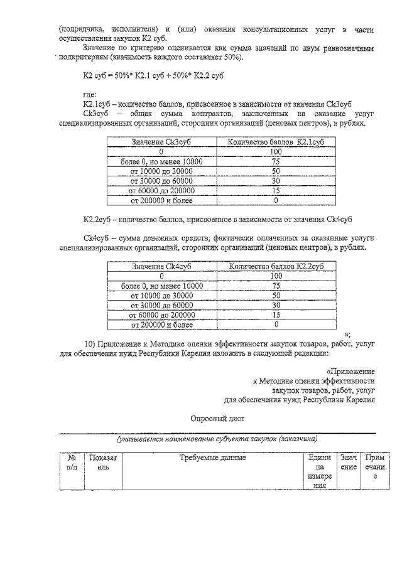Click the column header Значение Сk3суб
[x=161, y=142]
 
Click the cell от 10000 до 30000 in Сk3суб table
[x=161, y=171]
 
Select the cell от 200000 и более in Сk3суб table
[x=161, y=201]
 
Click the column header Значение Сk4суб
[x=161, y=266]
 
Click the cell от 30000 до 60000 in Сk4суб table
[x=161, y=305]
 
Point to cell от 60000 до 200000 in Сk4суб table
[x=161, y=314]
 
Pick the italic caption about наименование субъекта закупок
[x=217, y=439]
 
